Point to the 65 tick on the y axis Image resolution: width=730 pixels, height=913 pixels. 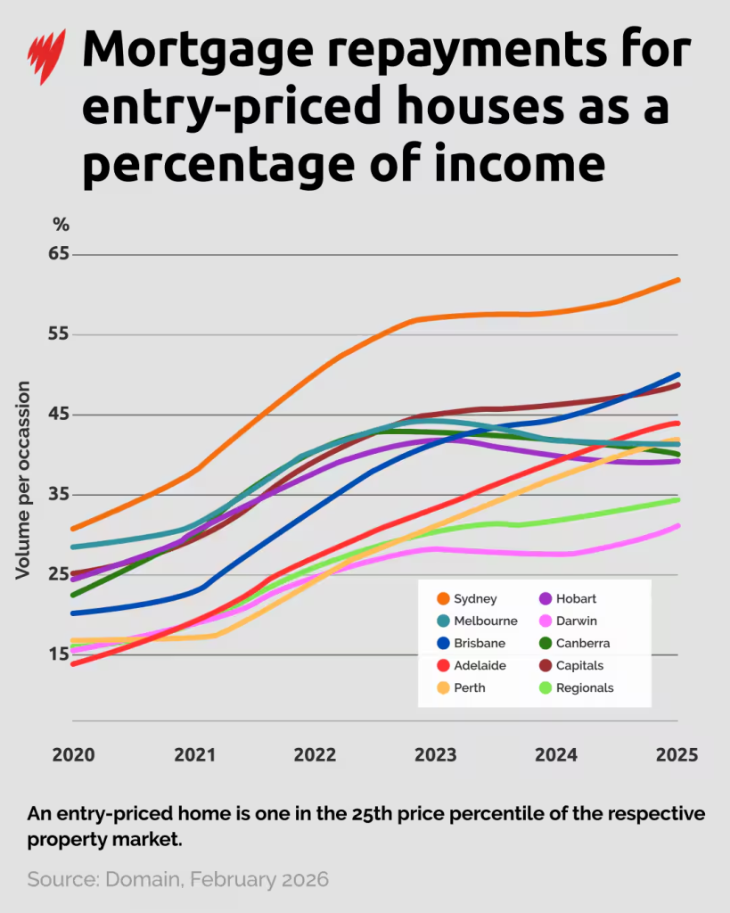point(59,254)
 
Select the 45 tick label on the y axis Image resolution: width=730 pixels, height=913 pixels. point(59,415)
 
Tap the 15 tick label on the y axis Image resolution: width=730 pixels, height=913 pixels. point(59,654)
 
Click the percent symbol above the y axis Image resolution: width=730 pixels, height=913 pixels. point(61,224)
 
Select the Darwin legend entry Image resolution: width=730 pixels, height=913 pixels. point(576,621)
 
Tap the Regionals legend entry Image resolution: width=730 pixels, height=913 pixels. point(584,687)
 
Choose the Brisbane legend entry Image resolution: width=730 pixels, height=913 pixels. point(479,643)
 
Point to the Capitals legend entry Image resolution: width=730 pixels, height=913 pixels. point(579,665)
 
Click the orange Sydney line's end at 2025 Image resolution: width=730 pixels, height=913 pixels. point(677,280)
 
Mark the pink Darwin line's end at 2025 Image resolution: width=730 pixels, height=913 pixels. point(677,526)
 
